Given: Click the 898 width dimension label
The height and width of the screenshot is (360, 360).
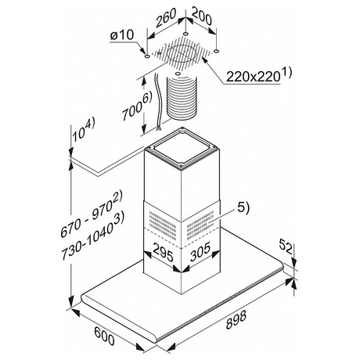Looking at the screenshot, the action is pyautogui.click(x=236, y=320).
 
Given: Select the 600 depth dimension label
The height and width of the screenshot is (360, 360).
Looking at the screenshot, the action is pyautogui.click(x=104, y=336).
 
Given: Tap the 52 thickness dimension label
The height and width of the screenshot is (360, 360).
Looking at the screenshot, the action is pyautogui.click(x=286, y=247).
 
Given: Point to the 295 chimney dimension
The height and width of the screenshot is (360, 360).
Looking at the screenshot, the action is pyautogui.click(x=163, y=252).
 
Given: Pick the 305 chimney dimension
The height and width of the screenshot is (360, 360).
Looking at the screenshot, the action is pyautogui.click(x=200, y=251).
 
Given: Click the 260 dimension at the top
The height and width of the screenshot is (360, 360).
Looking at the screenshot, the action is pyautogui.click(x=166, y=17).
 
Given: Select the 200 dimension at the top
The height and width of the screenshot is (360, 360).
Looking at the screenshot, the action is pyautogui.click(x=201, y=16).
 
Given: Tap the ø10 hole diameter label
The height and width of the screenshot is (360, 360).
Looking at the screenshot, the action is pyautogui.click(x=121, y=35).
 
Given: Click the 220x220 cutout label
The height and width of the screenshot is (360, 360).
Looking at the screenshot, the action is pyautogui.click(x=252, y=77).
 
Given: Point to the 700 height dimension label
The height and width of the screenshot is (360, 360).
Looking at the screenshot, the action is pyautogui.click(x=133, y=110).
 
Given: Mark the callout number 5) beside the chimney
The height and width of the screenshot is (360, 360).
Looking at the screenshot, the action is pyautogui.click(x=243, y=209).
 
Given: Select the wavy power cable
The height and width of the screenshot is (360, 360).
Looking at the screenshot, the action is pyautogui.click(x=157, y=102).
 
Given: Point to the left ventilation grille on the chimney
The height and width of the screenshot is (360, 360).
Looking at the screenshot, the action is pyautogui.click(x=162, y=225).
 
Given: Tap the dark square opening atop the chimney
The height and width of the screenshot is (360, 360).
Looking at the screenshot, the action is pyautogui.click(x=181, y=148).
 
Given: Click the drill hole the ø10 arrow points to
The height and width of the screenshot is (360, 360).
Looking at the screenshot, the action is pyautogui.click(x=147, y=56).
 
